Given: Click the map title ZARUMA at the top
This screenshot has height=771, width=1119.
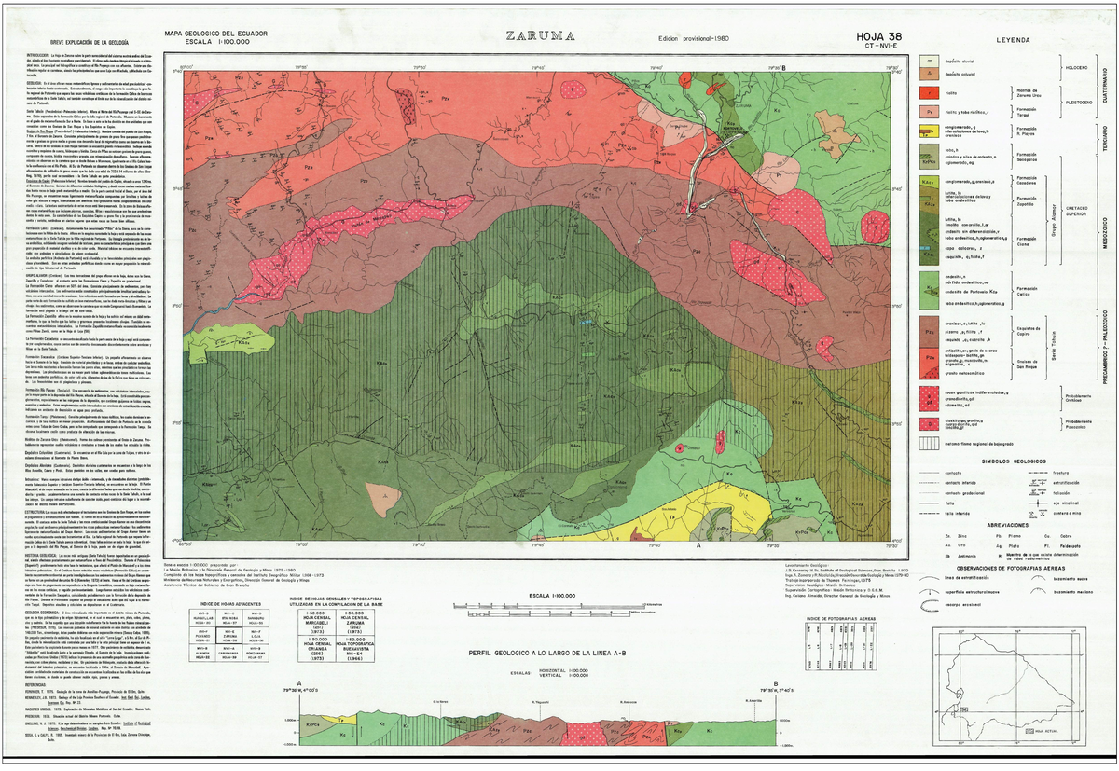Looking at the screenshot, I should (540, 38).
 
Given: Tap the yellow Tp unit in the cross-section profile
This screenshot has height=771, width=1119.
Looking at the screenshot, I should (341, 721).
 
